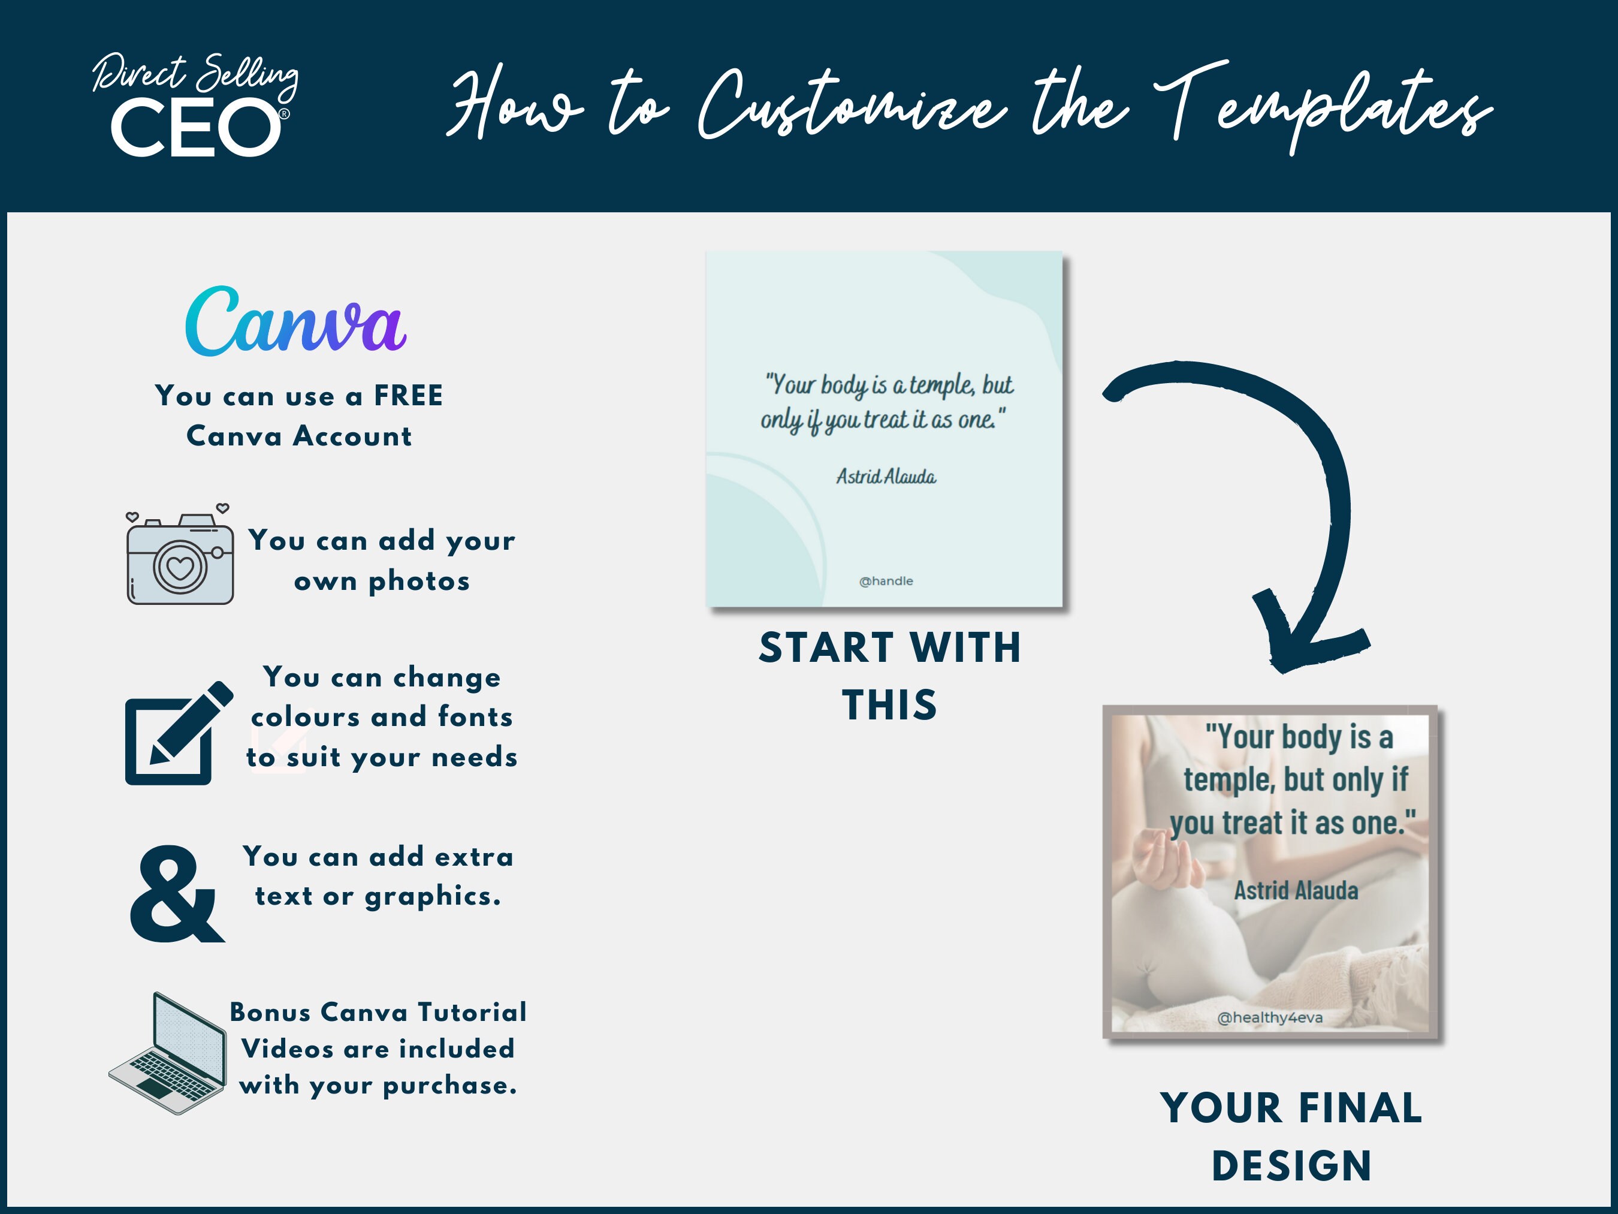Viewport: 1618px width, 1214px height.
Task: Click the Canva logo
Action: [x=295, y=322]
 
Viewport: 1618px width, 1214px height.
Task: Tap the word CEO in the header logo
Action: [x=195, y=129]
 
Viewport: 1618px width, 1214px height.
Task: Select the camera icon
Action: [x=180, y=558]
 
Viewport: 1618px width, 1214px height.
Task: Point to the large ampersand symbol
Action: [x=176, y=894]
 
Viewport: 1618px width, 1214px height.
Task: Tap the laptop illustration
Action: [x=169, y=1054]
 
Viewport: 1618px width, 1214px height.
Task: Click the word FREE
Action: [x=408, y=396]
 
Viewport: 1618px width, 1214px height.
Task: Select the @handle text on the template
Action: [x=886, y=581]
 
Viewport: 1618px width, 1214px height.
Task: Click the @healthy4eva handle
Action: [x=1270, y=1017]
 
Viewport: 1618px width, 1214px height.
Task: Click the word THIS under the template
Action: [x=889, y=704]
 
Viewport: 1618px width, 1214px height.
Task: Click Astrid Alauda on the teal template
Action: [x=886, y=477]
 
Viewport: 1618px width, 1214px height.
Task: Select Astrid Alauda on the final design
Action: [x=1296, y=890]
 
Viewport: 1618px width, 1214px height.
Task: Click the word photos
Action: [x=418, y=581]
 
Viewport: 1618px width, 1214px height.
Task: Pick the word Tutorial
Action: [x=472, y=1012]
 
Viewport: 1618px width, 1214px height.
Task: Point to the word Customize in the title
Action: [x=852, y=106]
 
